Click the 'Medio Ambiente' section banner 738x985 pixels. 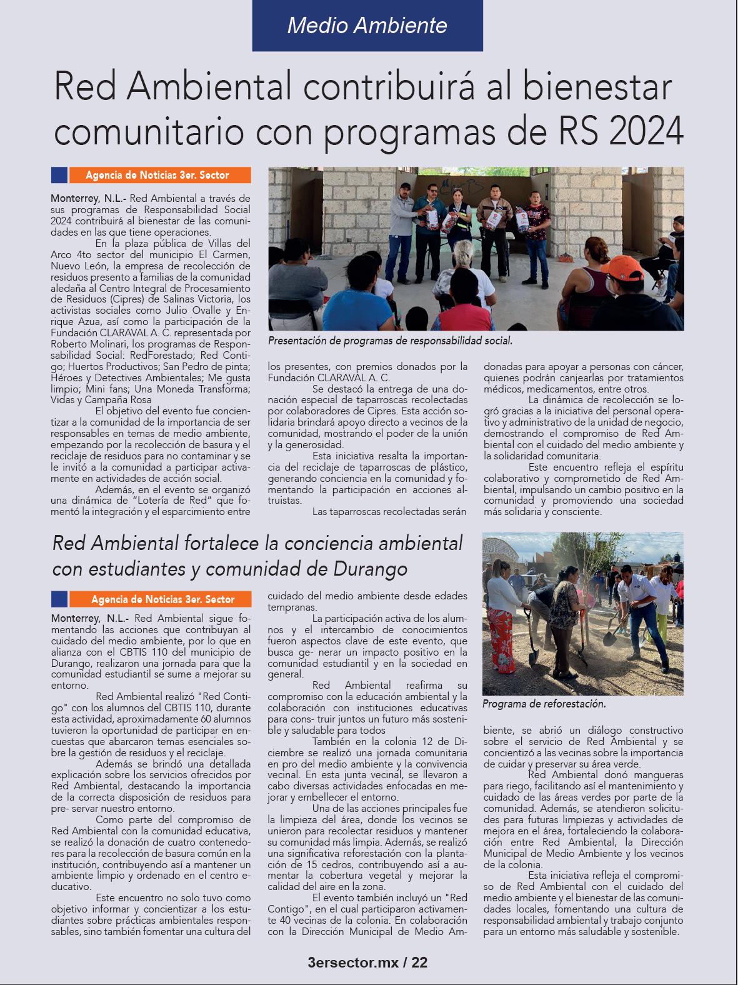pos(367,25)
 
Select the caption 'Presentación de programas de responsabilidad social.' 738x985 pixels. pos(390,341)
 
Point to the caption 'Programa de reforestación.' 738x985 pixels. pos(544,704)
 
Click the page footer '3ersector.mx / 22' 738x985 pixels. pos(368,962)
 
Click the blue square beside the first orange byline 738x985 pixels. pos(59,175)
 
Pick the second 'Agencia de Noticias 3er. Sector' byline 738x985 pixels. pos(162,599)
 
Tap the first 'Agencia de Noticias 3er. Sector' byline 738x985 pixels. pos(157,176)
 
